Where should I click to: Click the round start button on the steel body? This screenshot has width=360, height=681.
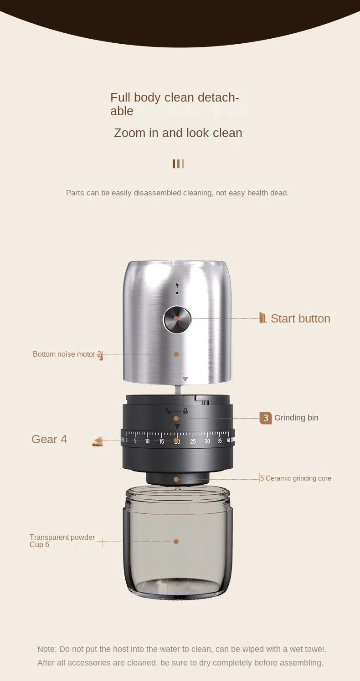point(177,319)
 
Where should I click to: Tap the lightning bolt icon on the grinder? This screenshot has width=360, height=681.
point(177,285)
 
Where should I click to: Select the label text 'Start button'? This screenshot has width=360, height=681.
point(300,318)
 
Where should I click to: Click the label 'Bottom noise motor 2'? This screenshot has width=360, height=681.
point(67,354)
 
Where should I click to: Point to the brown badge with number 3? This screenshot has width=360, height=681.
point(266,418)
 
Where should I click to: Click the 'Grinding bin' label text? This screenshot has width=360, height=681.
point(296,418)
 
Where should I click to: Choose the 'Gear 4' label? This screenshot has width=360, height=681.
point(49,439)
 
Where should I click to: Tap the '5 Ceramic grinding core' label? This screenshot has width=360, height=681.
point(296,478)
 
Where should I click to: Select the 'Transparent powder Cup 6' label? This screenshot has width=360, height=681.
point(62,541)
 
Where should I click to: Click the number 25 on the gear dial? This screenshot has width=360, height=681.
point(193,441)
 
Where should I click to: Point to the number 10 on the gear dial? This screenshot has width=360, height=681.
point(147,441)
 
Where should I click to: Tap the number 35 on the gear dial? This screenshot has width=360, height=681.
point(220,441)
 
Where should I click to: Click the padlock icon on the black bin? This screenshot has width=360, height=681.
point(185,411)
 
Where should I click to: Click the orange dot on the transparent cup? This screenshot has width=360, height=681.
point(176,542)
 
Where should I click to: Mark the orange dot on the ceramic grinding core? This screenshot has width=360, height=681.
point(176,480)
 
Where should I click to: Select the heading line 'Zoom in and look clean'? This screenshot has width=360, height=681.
point(178,133)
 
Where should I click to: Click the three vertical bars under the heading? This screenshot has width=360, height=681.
point(178,164)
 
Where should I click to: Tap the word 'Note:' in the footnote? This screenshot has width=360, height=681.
point(47,649)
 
